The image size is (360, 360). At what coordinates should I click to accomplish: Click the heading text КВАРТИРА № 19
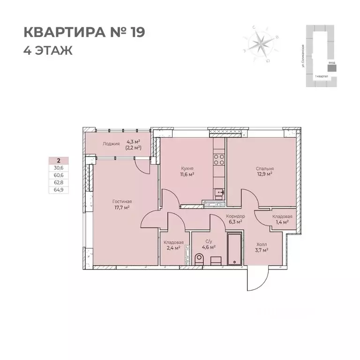click(84, 32)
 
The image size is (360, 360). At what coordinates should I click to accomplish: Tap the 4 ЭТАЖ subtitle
click(48, 50)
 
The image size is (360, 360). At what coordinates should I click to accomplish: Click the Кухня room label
click(187, 168)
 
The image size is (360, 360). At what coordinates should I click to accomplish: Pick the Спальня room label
click(265, 168)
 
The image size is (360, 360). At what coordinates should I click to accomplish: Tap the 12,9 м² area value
click(265, 174)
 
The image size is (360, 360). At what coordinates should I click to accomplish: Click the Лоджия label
click(111, 143)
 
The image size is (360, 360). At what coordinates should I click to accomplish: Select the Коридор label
click(235, 216)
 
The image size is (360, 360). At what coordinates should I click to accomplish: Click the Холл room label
click(261, 244)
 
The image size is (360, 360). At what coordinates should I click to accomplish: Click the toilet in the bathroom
click(198, 258)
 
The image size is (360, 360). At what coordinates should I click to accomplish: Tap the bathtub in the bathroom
click(234, 249)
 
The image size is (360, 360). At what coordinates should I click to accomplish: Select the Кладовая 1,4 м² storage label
click(282, 216)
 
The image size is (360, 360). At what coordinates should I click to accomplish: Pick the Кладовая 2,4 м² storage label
click(173, 242)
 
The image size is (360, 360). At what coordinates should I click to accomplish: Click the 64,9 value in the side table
click(59, 189)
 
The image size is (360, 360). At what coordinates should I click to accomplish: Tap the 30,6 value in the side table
click(59, 167)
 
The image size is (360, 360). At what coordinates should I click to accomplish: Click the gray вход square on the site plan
click(332, 67)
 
